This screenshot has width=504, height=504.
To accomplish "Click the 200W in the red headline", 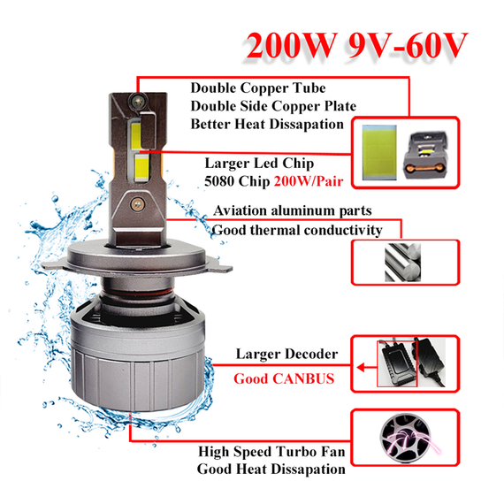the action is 292,45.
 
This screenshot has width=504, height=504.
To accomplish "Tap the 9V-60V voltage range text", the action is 407,45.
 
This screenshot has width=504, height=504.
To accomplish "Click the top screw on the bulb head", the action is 138,102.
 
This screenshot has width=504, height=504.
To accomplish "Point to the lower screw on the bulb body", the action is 138,203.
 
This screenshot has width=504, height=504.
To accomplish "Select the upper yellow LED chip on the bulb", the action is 136,135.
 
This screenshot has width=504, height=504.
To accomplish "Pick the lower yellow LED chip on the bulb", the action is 141,166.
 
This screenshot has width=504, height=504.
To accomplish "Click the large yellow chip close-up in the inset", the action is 379,152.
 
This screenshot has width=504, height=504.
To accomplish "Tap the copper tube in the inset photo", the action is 424,167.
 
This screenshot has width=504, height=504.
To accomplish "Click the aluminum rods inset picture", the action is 402,263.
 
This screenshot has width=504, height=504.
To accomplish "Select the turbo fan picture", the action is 406,437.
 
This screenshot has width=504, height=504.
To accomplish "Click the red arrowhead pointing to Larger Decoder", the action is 361,367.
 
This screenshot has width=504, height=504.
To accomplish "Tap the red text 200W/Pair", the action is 309,181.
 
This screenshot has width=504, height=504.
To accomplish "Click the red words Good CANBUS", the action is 284,378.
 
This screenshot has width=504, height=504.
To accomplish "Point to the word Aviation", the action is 240,210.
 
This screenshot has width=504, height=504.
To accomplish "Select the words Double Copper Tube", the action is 258,88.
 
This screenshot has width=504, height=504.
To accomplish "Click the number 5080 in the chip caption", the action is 219,181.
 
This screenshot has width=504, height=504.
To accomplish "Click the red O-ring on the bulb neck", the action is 138,293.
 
